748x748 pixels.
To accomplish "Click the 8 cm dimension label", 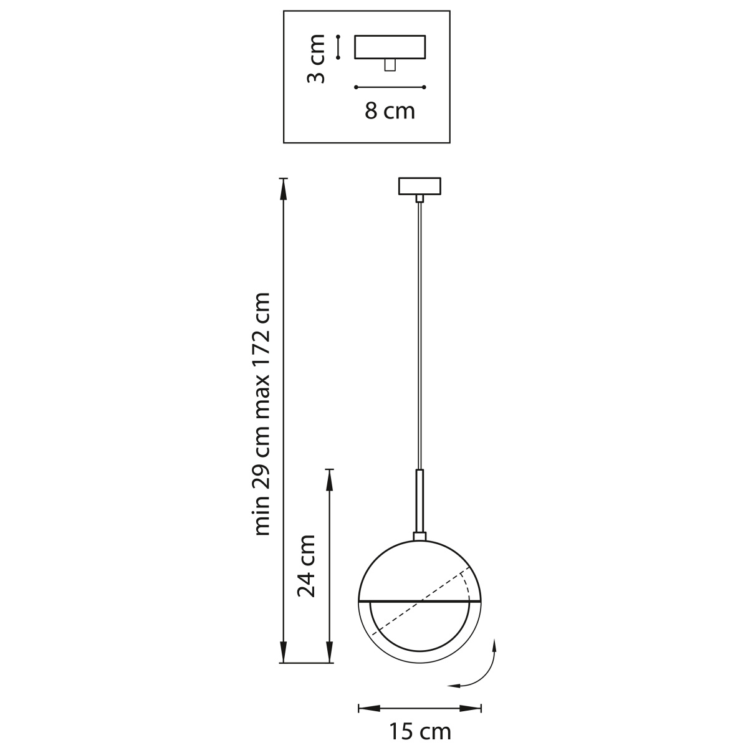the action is point(390,111).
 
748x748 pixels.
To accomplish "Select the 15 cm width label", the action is point(420,732).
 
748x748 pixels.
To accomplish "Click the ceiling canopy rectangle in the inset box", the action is point(390,47).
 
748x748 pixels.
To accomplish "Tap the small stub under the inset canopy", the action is point(390,65).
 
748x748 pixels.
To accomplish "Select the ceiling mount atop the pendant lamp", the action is point(420,186).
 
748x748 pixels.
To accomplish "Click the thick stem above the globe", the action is point(420,501).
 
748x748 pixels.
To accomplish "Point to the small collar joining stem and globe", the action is point(420,537).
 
